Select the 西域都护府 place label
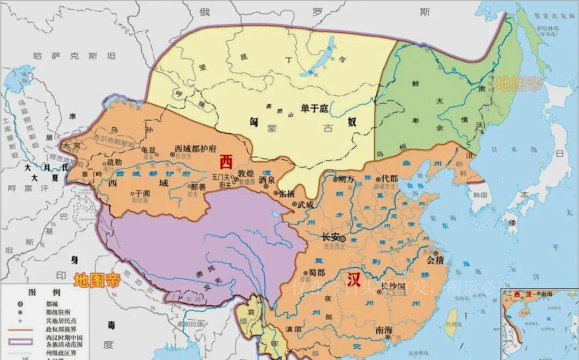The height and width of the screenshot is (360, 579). click(x=197, y=149)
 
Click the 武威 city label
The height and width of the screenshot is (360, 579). click(x=306, y=204)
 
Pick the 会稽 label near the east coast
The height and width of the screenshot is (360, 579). click(x=436, y=261)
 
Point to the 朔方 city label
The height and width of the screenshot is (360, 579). click(x=346, y=178)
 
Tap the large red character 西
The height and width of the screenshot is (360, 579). click(x=227, y=162)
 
